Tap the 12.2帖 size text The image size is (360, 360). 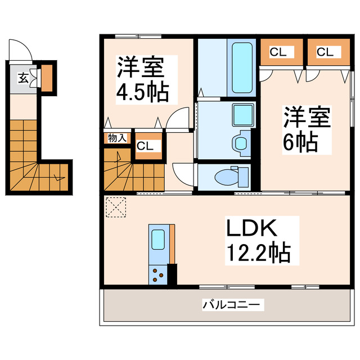(258, 253)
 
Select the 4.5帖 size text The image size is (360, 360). (142, 92)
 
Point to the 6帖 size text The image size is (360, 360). (301, 142)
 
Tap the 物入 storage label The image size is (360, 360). (116, 138)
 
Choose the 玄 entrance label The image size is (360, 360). (24, 78)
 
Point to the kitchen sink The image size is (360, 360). (157, 240)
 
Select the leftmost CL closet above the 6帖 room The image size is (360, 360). (278, 52)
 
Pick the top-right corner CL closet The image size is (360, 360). (324, 52)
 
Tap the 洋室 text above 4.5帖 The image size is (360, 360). (141, 67)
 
